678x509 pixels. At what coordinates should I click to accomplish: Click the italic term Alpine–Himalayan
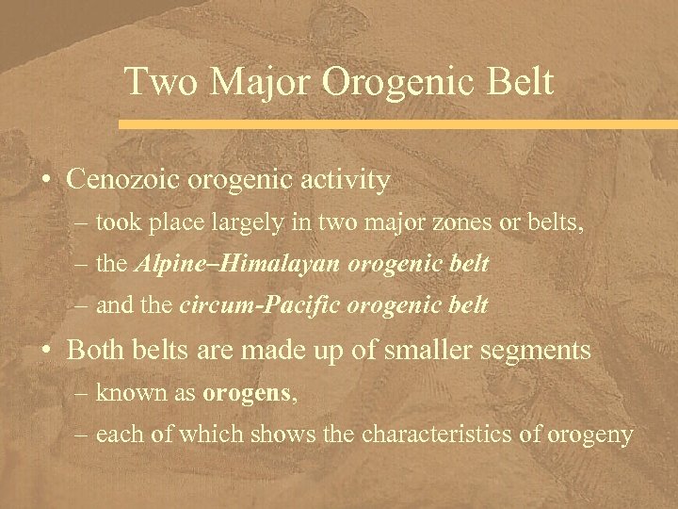point(239,264)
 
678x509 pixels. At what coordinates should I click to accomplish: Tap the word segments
point(538,352)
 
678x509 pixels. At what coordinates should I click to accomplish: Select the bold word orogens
point(247,393)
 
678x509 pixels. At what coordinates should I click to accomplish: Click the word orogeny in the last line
point(596,435)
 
